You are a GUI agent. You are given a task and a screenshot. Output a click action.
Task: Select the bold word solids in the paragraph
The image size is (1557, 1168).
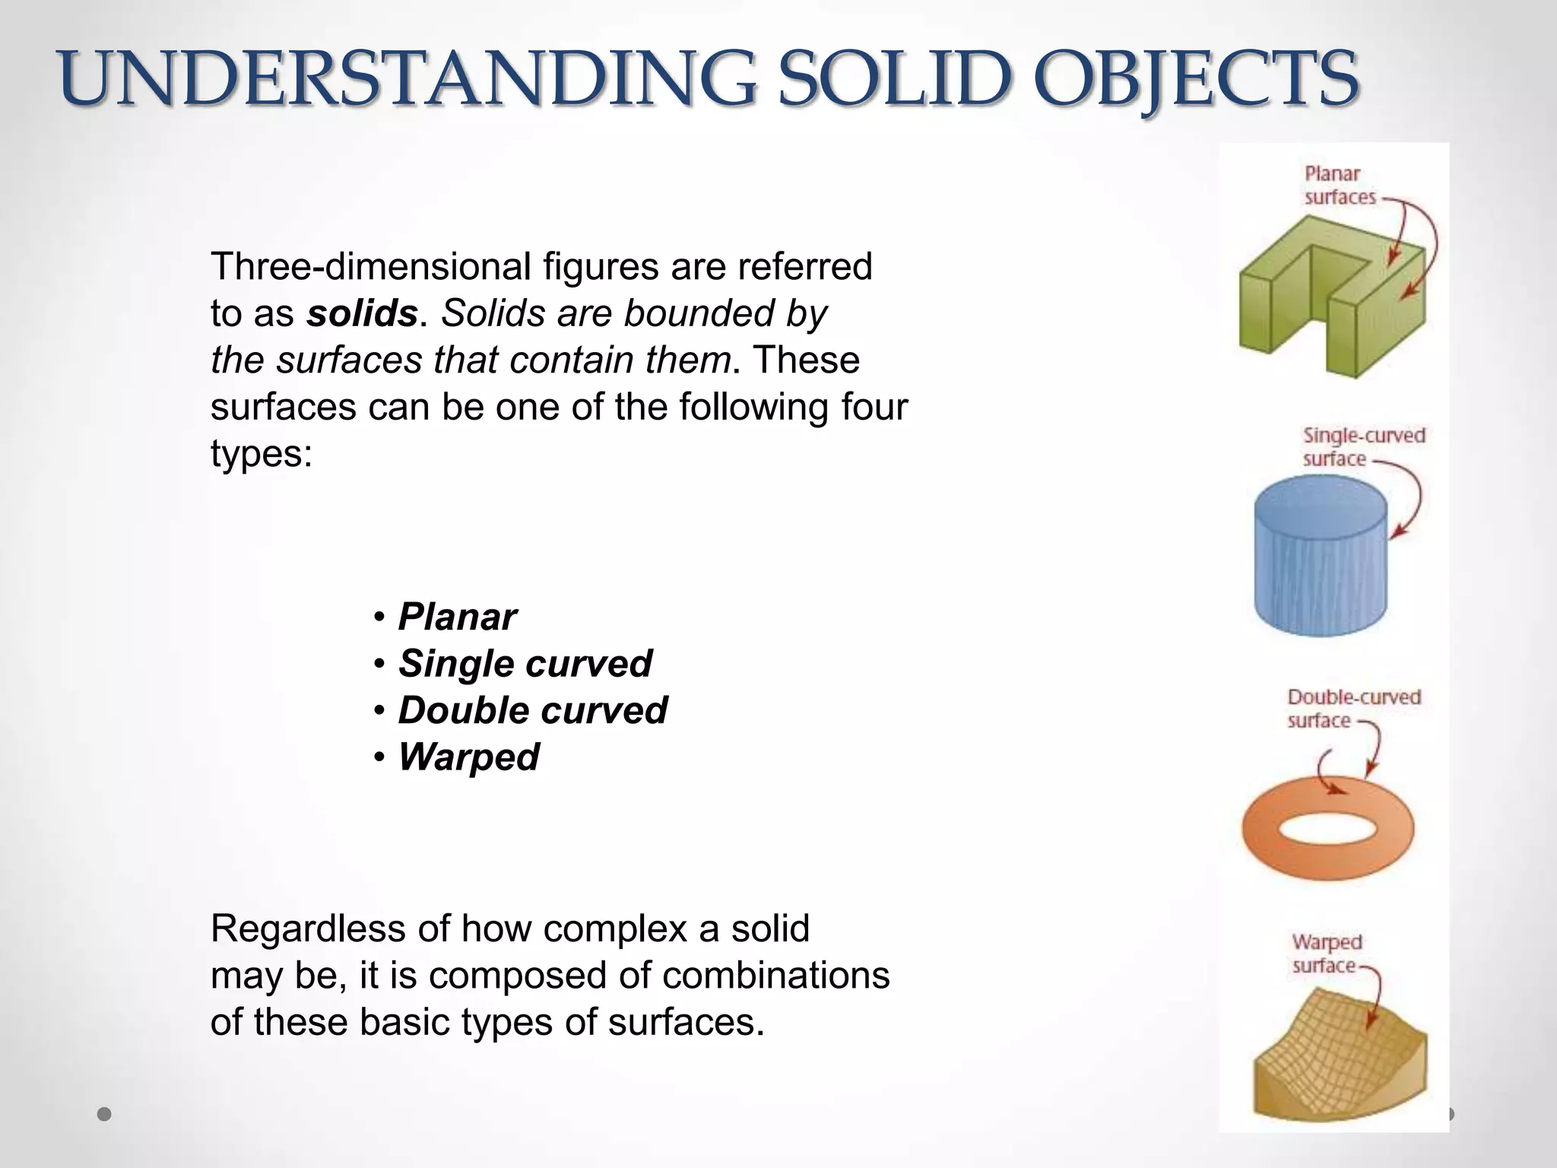click(x=362, y=313)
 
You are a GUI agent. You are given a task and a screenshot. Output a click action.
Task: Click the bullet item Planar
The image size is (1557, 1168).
click(x=457, y=617)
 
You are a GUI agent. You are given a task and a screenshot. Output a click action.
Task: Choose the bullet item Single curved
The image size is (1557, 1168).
click(x=525, y=664)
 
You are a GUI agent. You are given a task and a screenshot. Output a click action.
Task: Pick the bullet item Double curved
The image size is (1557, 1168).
click(x=532, y=710)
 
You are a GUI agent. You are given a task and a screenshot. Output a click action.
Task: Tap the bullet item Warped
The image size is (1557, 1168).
click(x=468, y=757)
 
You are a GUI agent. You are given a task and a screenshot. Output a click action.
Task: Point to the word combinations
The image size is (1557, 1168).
click(x=775, y=976)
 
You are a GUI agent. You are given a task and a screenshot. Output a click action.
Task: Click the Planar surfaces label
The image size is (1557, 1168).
click(x=1340, y=186)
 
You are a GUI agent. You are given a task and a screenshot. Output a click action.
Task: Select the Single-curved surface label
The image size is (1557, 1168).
click(x=1362, y=447)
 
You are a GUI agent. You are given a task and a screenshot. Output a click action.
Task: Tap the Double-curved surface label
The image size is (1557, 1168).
click(x=1353, y=709)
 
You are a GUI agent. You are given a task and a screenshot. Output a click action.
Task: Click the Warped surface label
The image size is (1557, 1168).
click(x=1327, y=954)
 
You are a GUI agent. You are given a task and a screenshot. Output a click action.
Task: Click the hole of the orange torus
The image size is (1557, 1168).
click(x=1327, y=828)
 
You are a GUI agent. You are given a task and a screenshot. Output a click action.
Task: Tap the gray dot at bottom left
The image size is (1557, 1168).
click(x=105, y=1115)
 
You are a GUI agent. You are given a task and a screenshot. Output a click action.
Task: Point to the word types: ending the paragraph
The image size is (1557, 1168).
click(x=262, y=454)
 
